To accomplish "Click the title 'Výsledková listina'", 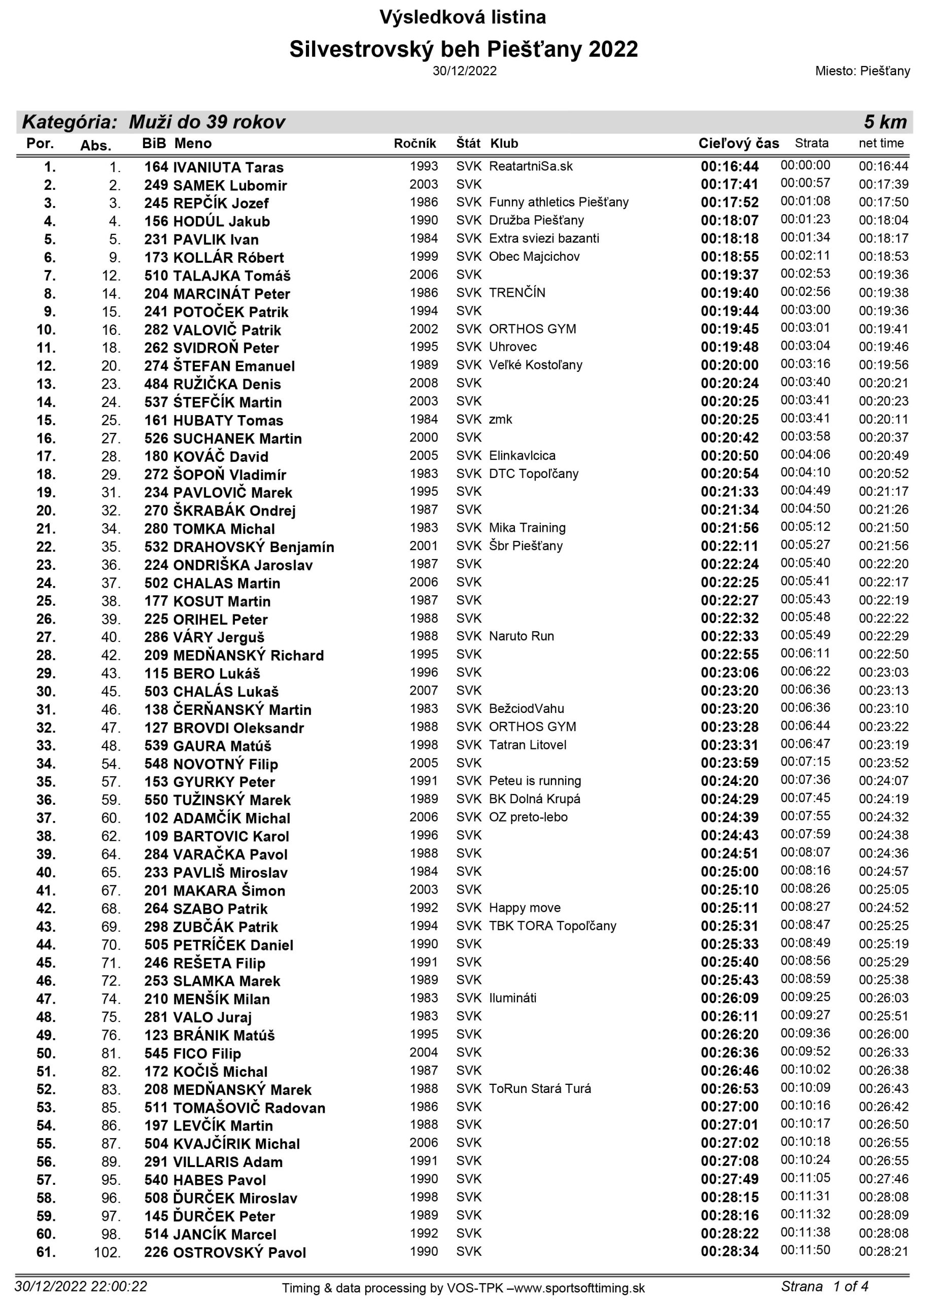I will (x=463, y=18).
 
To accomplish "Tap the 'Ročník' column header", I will (x=414, y=143).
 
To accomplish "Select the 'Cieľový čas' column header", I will (x=738, y=143).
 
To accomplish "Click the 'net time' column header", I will (x=881, y=143).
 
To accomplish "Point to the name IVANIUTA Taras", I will (x=228, y=167).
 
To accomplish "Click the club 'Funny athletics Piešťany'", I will (x=558, y=202).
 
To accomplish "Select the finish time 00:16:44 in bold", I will (x=730, y=166).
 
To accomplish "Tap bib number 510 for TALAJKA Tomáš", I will (x=156, y=276).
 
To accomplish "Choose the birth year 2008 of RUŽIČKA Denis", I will (x=423, y=383).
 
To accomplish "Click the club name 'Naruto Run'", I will (x=521, y=636).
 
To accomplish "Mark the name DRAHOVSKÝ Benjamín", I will (x=254, y=547).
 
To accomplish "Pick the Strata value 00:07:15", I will (x=805, y=762).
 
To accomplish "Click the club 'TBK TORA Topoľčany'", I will (x=552, y=926).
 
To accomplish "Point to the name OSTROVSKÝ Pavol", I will (x=239, y=1253).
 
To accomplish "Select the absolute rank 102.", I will (x=107, y=1253).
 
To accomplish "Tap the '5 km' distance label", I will (x=885, y=122).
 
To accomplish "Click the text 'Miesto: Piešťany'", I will (x=862, y=71).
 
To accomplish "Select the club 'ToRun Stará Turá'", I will (x=539, y=1089).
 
